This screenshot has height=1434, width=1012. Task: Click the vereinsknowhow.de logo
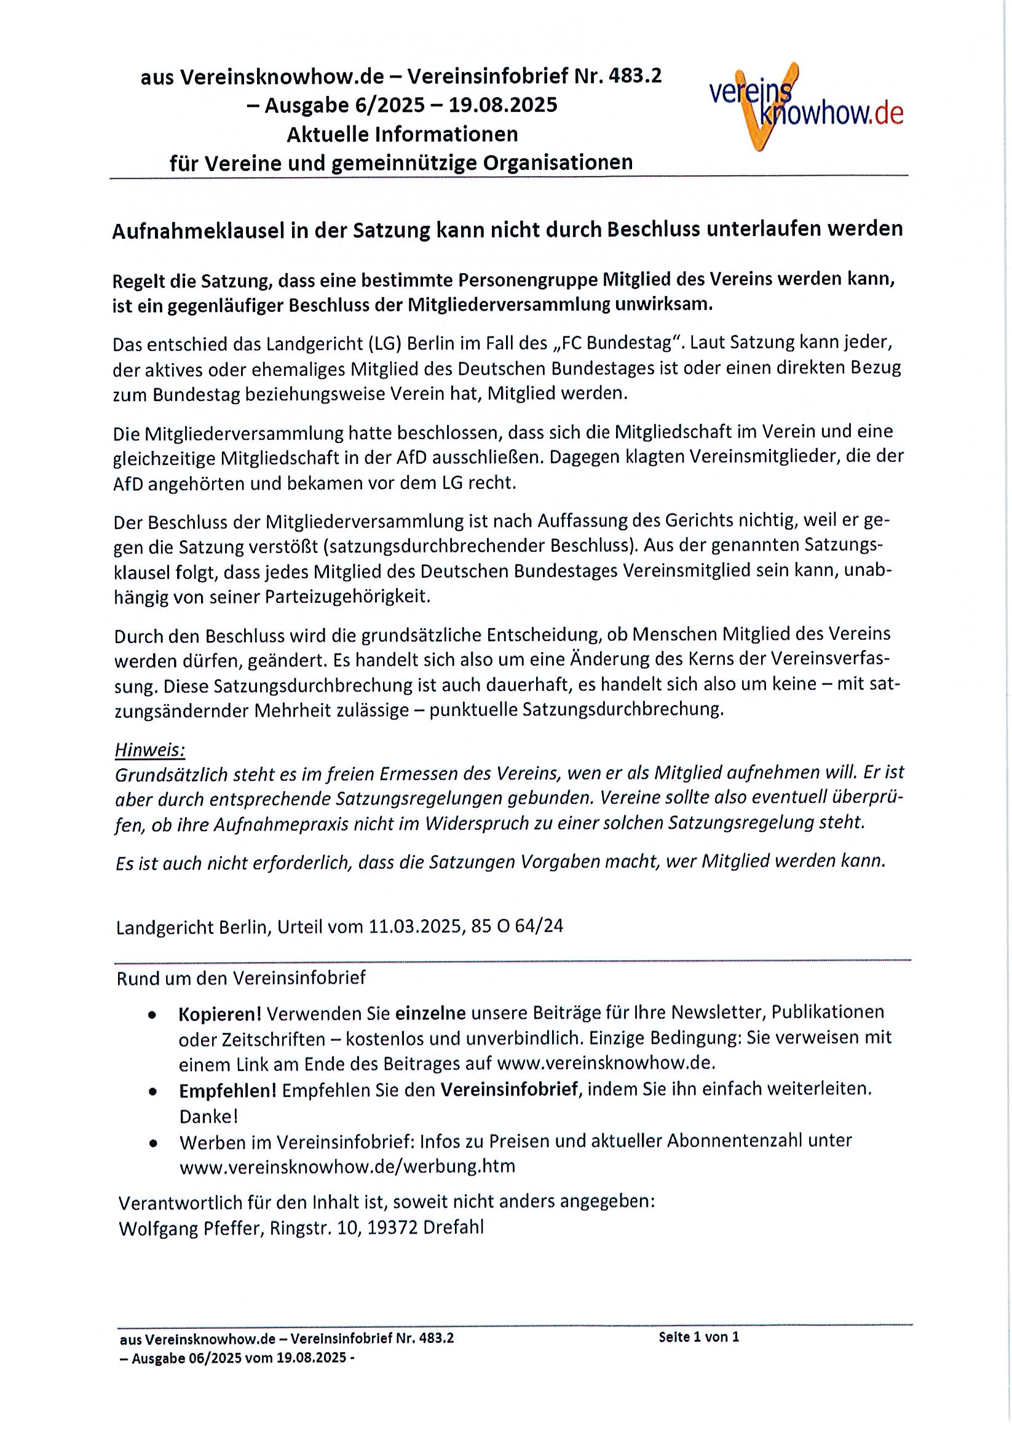[x=805, y=107]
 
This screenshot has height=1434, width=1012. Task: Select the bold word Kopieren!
[x=219, y=1013]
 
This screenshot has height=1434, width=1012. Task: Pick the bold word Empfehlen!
[x=227, y=1090]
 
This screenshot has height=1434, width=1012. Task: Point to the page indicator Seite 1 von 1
[x=698, y=1337]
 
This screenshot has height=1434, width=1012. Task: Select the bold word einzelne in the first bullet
[x=431, y=1013]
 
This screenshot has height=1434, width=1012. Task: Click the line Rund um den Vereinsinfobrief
[x=241, y=978]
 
